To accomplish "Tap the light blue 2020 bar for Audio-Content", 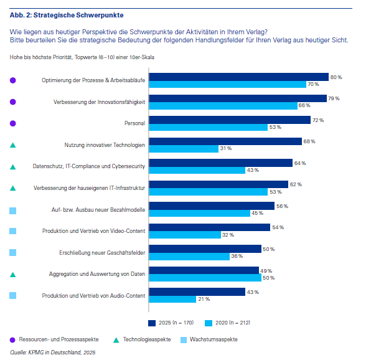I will pos(172,299).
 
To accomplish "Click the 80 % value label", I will pos(336,77).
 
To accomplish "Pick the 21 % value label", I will pos(204,299).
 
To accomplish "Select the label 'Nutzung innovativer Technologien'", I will pos(105,144).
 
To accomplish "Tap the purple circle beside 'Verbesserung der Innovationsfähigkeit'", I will pos(13,102).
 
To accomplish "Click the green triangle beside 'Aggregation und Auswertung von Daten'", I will pos(13,274).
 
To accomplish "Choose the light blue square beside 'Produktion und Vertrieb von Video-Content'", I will pos(13,231).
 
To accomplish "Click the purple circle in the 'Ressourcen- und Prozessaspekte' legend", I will pos(13,339).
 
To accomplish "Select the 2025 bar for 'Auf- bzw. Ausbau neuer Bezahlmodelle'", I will pos(212,206).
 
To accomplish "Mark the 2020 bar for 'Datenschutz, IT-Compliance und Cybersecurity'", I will pos(197,170).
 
